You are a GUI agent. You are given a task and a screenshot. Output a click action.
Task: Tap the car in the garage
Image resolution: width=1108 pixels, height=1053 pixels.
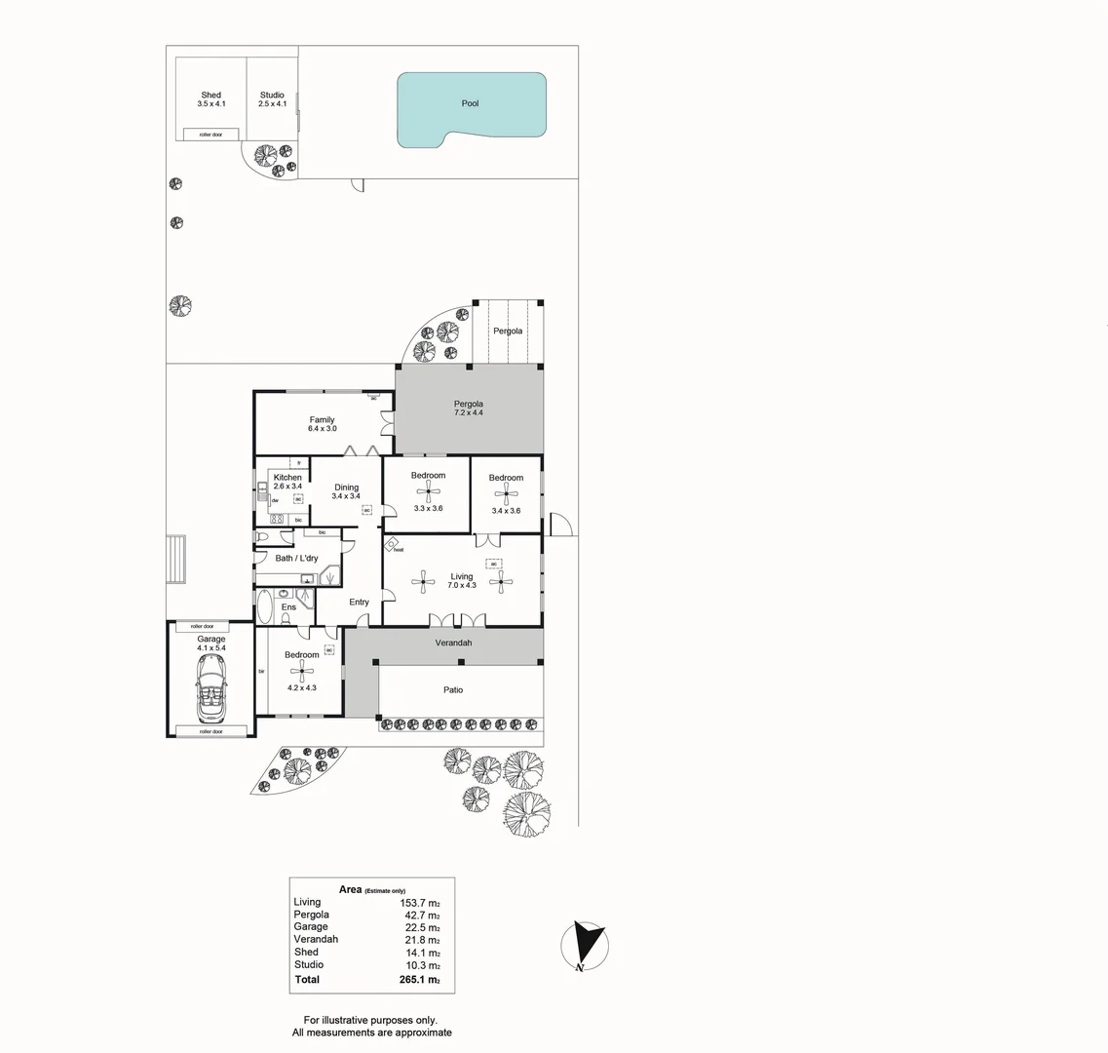[211, 686]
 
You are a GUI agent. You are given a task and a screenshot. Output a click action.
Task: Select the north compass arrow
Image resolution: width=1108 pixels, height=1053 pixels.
[586, 944]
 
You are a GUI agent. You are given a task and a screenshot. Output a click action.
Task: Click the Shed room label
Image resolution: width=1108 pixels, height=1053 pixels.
[211, 96]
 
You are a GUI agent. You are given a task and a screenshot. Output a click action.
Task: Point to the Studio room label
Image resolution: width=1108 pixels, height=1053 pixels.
[272, 96]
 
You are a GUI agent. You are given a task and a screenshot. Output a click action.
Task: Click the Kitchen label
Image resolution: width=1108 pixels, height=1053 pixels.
[287, 478]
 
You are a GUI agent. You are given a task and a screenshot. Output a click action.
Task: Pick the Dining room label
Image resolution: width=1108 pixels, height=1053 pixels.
[347, 487]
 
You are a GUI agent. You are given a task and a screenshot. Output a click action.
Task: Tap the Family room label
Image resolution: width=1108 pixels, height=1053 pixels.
[322, 420]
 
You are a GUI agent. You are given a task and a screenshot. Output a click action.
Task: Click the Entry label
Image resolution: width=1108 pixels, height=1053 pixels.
[360, 603]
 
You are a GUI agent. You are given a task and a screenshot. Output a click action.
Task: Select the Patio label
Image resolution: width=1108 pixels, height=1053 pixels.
[453, 690]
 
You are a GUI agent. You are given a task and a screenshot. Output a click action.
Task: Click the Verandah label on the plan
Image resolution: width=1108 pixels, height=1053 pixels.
[453, 643]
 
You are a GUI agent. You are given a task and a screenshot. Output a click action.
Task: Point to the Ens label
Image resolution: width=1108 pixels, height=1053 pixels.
[288, 607]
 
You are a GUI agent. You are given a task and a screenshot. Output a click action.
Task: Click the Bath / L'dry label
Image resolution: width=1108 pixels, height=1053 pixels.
[296, 558]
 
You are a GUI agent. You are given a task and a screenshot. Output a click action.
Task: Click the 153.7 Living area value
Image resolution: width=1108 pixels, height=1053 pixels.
[420, 903]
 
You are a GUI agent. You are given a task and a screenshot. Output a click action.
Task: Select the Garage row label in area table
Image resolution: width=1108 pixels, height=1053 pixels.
[311, 927]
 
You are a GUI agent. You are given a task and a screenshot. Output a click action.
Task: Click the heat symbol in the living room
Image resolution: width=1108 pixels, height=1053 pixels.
[392, 545]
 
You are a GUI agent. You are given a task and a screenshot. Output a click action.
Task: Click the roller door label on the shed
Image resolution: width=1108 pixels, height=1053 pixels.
[211, 135]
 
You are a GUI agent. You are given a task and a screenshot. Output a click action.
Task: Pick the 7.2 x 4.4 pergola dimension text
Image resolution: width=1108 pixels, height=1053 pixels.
[469, 413]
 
